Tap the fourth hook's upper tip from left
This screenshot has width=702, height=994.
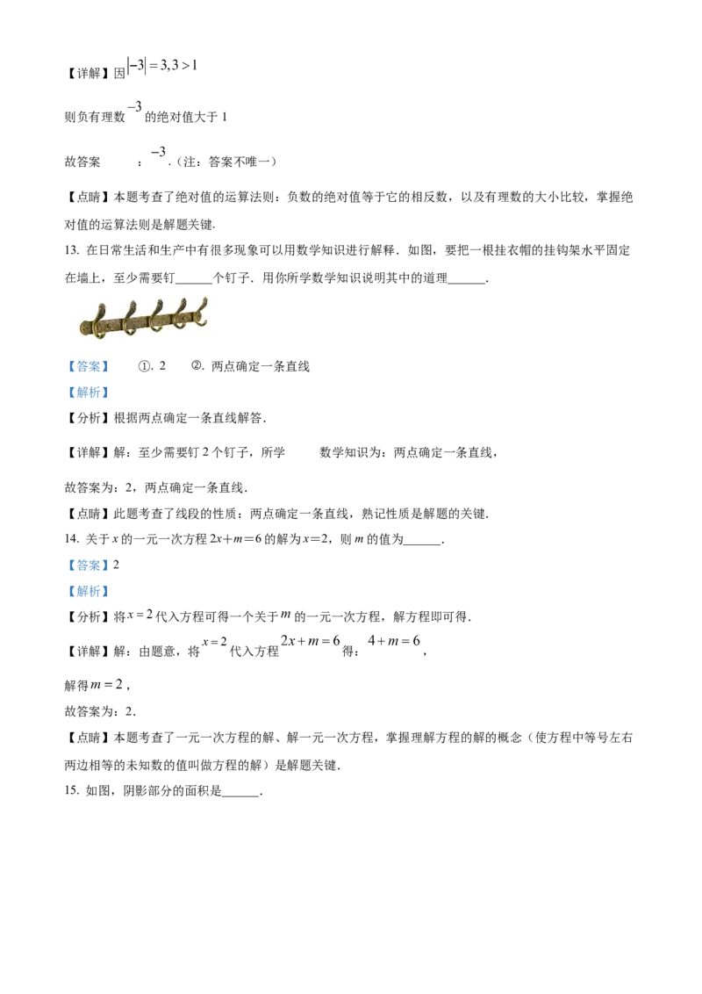click(x=183, y=300)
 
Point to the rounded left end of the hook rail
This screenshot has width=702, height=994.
click(x=82, y=328)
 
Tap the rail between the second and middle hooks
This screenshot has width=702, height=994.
click(x=143, y=323)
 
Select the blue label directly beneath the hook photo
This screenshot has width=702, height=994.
click(x=89, y=365)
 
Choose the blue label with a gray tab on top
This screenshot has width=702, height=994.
click(x=89, y=393)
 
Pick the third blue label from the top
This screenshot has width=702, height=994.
click(x=89, y=565)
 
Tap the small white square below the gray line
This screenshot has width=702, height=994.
click(x=290, y=621)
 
